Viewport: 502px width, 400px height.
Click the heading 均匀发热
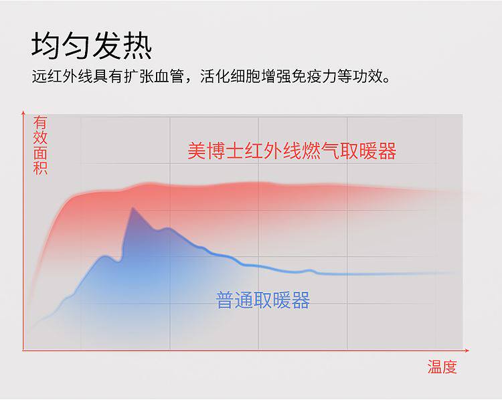pyautogui.click(x=92, y=45)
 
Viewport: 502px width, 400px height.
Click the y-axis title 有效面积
pyautogui.click(x=40, y=146)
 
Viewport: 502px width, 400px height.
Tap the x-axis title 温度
pyautogui.click(x=442, y=367)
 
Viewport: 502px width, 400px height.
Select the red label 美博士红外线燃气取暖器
pyautogui.click(x=292, y=151)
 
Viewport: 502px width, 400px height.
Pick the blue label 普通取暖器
pyautogui.click(x=263, y=300)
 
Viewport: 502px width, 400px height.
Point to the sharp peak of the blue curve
pyautogui.click(x=133, y=208)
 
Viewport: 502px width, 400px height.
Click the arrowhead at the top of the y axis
pyautogui.click(x=23, y=112)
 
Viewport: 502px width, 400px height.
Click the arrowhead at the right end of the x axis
pyautogui.click(x=467, y=351)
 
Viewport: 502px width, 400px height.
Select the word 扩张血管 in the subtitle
pyautogui.click(x=154, y=76)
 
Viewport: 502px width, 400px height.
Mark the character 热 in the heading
pyautogui.click(x=138, y=45)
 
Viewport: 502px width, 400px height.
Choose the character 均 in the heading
pyautogui.click(x=45, y=45)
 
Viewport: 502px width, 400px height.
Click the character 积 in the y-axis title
pyautogui.click(x=40, y=168)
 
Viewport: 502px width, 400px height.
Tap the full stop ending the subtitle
pyautogui.click(x=386, y=80)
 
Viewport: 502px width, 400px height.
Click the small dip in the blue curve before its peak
pyautogui.click(x=118, y=262)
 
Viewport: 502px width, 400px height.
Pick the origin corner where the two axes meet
pyautogui.click(x=23, y=351)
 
